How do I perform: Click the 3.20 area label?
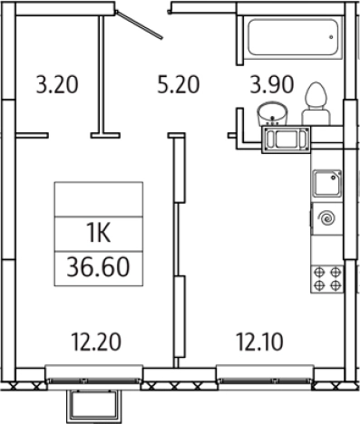pos(57,84)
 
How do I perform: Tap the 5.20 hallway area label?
pos(179,84)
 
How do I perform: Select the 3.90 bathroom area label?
pos(272,84)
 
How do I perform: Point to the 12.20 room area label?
pos(96,342)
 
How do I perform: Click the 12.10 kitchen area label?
pos(259,342)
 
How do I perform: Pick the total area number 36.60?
pos(98,267)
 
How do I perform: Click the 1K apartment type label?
pos(99,234)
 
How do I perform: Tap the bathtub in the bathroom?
pos(293,37)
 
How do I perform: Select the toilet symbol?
pos(316,103)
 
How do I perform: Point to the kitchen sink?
pos(327,184)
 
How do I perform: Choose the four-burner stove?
pos(327,279)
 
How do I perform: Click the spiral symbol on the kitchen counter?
pos(327,218)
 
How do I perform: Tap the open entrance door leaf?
pos(140,24)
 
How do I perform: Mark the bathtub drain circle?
pos(331,37)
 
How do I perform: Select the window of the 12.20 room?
pos(94,374)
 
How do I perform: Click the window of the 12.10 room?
pos(265,374)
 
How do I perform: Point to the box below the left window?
pos(94,406)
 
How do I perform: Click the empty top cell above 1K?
pos(99,199)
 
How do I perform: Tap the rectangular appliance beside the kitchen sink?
pos(286,140)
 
